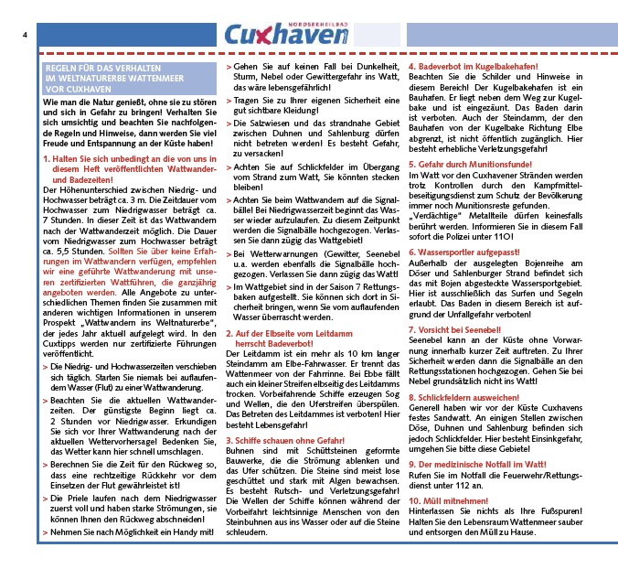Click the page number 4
click(x=25, y=35)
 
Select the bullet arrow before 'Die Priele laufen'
click(x=45, y=499)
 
